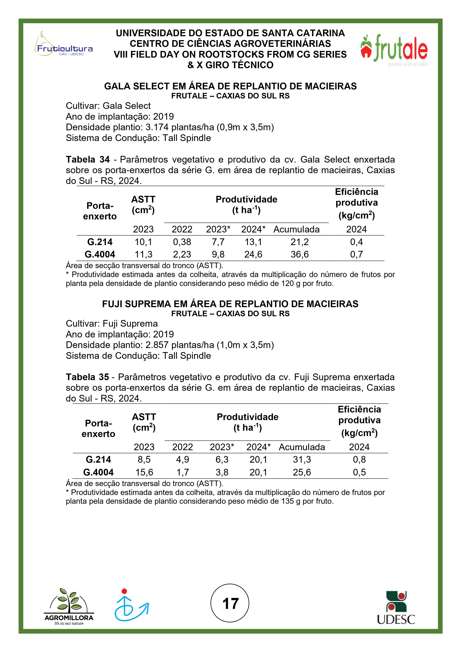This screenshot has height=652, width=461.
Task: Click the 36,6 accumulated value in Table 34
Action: point(299,254)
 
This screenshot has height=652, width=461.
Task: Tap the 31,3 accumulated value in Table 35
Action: point(302,460)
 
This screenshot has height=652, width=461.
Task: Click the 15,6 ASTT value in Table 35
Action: point(144,472)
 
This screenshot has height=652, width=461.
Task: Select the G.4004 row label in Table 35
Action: point(98,472)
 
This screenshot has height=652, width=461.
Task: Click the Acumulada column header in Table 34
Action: point(296,229)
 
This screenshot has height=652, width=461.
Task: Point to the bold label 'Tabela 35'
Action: point(87,377)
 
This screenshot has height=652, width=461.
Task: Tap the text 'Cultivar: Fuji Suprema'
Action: point(112,323)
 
